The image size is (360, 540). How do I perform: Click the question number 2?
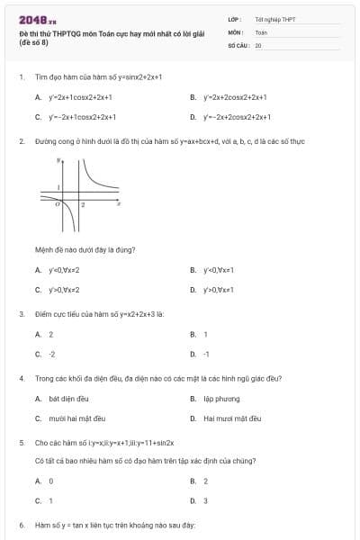[21, 141]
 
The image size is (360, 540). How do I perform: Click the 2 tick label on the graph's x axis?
[83, 206]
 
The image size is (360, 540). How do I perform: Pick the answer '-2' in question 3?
[51, 355]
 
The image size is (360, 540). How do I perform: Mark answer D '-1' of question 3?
[206, 355]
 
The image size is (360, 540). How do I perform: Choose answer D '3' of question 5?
[205, 500]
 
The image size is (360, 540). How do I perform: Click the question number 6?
[21, 525]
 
